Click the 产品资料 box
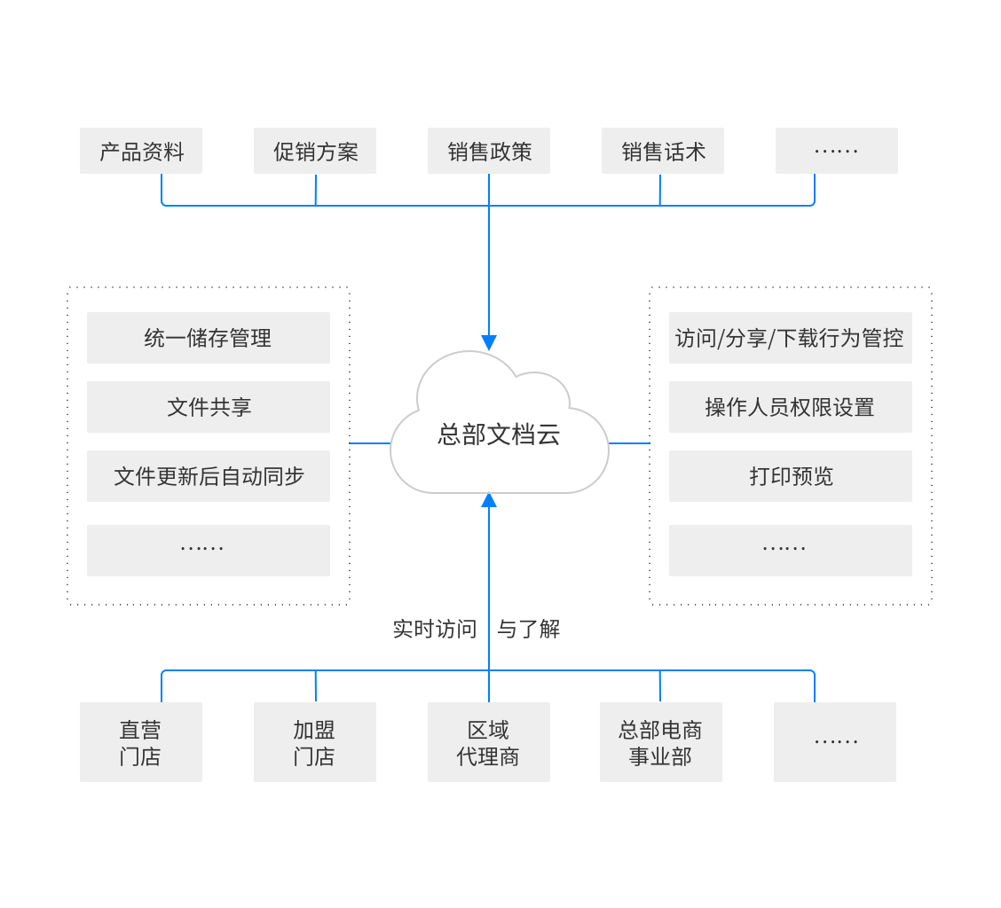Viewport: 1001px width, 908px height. click(x=141, y=151)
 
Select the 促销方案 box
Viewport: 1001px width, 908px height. click(x=315, y=151)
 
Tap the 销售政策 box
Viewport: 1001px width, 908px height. click(x=489, y=151)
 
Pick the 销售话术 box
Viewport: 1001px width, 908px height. click(x=663, y=151)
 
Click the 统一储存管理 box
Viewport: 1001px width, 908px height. click(x=209, y=338)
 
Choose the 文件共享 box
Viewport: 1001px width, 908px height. click(x=209, y=407)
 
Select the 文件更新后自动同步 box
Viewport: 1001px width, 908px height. click(x=209, y=476)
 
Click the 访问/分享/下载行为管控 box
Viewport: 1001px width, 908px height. click(x=790, y=338)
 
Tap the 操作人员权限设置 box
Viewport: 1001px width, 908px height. click(x=790, y=407)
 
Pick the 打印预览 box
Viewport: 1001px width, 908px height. click(x=790, y=476)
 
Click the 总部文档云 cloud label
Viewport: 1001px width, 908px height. click(x=499, y=434)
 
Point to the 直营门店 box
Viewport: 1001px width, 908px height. click(x=141, y=742)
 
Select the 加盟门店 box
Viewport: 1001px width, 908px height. click(x=315, y=742)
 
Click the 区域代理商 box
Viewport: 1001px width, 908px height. click(x=489, y=742)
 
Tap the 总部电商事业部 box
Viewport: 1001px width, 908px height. click(x=661, y=742)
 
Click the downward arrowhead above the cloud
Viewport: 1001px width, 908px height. click(x=489, y=343)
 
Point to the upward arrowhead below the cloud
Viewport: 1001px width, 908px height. click(x=489, y=500)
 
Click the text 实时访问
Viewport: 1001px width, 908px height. click(x=435, y=630)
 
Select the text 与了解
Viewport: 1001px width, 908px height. click(x=528, y=630)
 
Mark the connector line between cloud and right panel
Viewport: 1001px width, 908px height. click(x=630, y=442)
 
